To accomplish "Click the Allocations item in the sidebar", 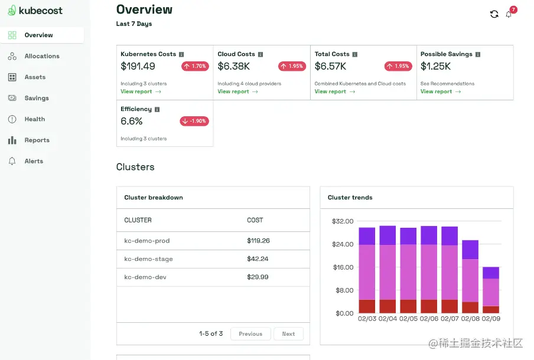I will [x=41, y=56].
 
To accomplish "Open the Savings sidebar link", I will [x=37, y=98].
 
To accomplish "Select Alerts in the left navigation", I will [x=34, y=161].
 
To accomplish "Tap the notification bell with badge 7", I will [x=509, y=14].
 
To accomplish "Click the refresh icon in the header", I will [x=494, y=14].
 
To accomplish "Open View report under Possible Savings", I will [x=440, y=91].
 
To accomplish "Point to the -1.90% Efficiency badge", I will [x=194, y=121].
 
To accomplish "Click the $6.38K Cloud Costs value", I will [x=233, y=66].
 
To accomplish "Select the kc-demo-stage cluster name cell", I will [x=148, y=259].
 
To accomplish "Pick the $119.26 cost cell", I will [x=258, y=241].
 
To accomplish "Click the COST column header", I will [x=255, y=220].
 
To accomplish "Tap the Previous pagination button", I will [x=250, y=334].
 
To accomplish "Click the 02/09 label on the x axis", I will [x=491, y=319].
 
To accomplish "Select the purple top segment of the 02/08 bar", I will [x=470, y=250].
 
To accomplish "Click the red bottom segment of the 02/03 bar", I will [x=367, y=306].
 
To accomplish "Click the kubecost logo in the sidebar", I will [x=35, y=10].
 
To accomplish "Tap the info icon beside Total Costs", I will [x=354, y=54].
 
